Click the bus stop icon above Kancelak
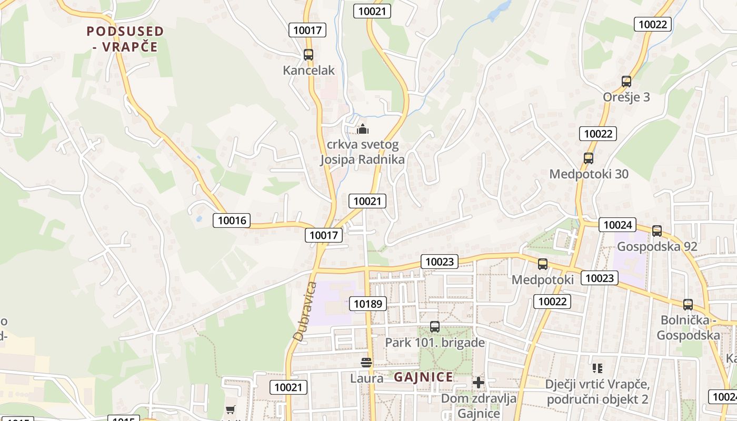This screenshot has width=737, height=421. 308,54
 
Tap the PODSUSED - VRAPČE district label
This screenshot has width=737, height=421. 125,39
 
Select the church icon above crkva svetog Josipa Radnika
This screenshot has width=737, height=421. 363,128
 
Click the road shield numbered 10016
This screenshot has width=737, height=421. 232,220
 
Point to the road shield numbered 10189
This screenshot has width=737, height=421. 368,303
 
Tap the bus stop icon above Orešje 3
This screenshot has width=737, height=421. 626,82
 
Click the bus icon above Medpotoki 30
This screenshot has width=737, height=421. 589,158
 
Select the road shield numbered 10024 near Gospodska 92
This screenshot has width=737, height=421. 618,225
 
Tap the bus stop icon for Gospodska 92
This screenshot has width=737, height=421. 657,230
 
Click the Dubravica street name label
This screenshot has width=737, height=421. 305,312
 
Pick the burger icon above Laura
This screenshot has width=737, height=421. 366,362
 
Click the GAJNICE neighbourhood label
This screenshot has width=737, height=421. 423,377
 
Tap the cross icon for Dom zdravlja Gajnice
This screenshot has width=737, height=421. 478,383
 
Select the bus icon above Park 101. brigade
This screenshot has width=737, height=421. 435,326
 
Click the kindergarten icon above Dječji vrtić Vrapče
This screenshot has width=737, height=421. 597,368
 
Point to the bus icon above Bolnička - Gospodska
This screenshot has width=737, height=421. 688,304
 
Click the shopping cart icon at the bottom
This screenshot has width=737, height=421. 230,409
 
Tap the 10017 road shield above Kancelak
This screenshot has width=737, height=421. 307,30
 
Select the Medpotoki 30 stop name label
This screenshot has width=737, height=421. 589,174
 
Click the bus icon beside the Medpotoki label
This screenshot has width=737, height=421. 543,264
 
